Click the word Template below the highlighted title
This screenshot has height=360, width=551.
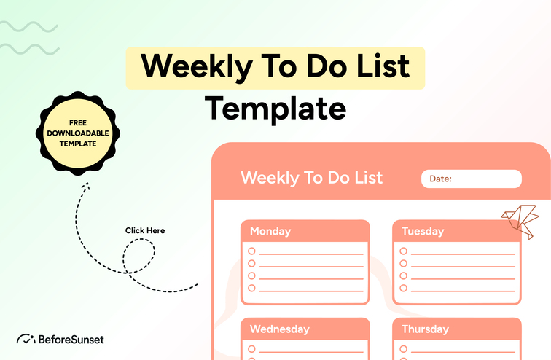275,108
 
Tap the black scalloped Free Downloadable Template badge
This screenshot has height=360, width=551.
78,133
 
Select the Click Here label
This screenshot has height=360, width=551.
145,230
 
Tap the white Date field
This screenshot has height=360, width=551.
472,179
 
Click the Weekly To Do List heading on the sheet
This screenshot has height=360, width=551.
311,178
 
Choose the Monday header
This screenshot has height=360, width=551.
270,231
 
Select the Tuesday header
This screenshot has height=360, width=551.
423,231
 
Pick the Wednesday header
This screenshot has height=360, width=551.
280,329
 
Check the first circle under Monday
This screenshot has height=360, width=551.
252,251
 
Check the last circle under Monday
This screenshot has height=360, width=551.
252,289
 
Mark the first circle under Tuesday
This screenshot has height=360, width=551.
404,251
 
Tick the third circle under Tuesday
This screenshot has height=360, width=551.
404,276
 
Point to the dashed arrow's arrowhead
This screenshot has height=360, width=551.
84,187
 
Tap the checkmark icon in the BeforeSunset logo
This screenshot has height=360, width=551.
26,339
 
